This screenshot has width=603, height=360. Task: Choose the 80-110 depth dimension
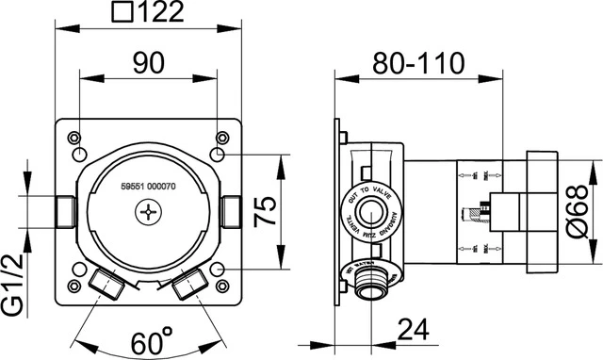tap(420, 63)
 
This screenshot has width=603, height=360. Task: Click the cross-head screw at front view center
tap(148, 216)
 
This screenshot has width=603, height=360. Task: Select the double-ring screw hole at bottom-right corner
tap(219, 270)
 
